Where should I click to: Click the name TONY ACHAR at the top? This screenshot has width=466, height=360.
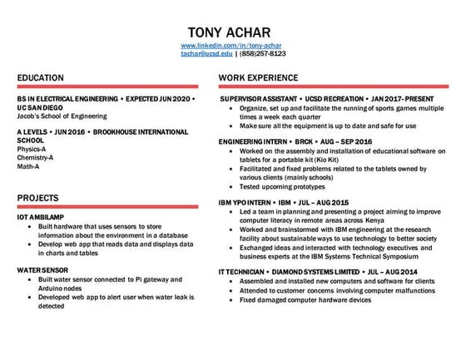(x=232, y=27)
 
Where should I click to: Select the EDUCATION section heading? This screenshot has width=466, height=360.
(x=42, y=77)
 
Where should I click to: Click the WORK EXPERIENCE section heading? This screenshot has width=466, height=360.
(x=259, y=77)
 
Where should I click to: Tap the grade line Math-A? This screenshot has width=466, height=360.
(x=29, y=166)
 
